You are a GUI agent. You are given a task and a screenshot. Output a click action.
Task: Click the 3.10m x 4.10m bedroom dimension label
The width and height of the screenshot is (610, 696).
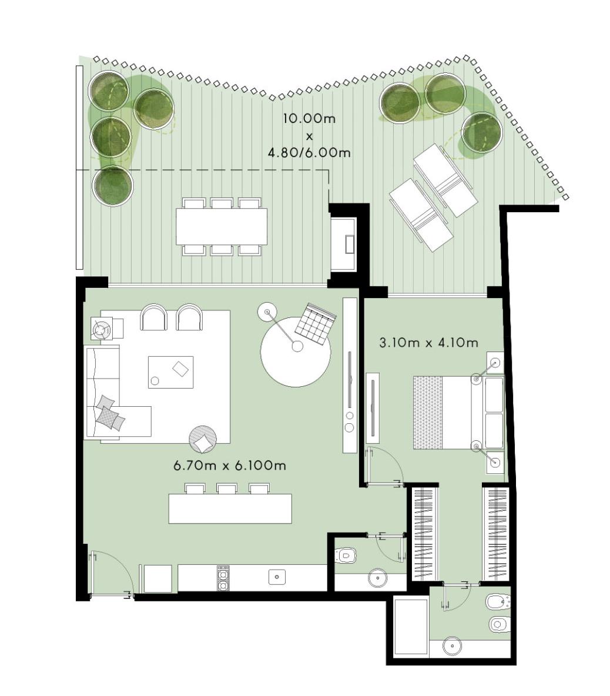(x=428, y=343)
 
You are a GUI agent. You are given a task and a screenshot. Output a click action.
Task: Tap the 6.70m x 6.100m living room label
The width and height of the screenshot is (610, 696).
(x=229, y=466)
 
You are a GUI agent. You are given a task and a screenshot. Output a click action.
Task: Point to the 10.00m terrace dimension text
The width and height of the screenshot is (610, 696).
(x=309, y=119)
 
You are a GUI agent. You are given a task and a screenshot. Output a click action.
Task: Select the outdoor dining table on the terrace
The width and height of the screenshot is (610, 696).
(x=222, y=226)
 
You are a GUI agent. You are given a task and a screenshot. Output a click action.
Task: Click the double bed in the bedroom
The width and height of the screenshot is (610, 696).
(x=459, y=412)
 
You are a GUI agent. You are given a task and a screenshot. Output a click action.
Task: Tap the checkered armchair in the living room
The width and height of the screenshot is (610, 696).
(x=315, y=322)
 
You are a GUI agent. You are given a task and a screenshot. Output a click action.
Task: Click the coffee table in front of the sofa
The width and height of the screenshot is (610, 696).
(x=171, y=372)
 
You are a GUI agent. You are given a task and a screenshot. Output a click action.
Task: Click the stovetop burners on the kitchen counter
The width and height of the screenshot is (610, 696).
(x=223, y=578)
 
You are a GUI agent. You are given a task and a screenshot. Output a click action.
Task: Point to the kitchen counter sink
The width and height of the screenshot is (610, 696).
(x=277, y=577)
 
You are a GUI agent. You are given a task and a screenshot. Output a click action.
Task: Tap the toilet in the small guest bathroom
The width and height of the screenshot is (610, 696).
(x=346, y=555)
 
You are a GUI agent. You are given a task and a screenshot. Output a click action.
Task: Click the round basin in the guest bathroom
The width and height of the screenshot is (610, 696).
(x=377, y=578)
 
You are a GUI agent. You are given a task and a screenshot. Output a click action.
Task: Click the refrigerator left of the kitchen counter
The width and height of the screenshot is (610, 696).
(x=158, y=578)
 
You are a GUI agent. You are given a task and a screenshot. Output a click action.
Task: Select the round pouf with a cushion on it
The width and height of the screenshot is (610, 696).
(x=203, y=439)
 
